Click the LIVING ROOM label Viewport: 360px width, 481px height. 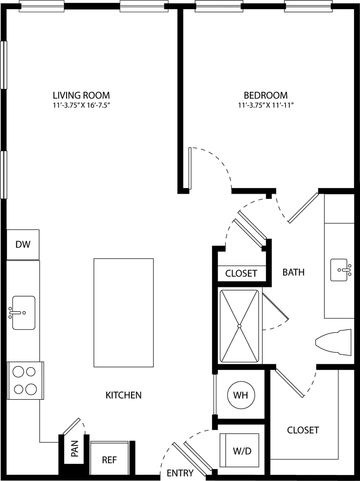[81, 95]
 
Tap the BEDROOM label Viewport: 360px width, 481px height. [265, 95]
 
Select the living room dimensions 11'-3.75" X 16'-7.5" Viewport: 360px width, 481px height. [81, 105]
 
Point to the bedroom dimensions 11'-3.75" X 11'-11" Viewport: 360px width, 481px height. [265, 105]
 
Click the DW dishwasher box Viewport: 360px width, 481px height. [23, 245]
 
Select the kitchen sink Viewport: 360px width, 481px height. [23, 313]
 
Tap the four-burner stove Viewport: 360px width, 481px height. [25, 380]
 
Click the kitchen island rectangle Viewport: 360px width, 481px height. [124, 312]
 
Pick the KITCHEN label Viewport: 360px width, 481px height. [123, 395]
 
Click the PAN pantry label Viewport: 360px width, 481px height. [74, 449]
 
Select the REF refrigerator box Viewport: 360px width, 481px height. [109, 460]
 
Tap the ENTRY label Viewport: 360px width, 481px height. [180, 473]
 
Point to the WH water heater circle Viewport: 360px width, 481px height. [241, 395]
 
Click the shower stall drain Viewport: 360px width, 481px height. [239, 326]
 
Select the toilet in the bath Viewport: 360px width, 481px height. [334, 342]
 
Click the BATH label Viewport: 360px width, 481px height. [293, 272]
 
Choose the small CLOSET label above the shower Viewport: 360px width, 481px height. [241, 273]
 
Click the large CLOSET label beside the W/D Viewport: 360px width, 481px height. [303, 430]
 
